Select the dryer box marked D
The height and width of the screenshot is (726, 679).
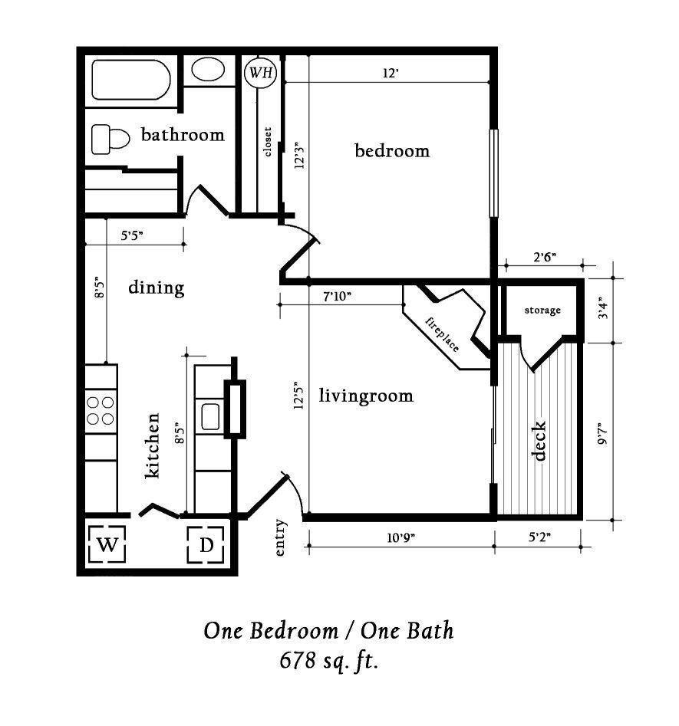point(206,546)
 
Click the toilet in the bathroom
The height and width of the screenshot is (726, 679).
point(110,140)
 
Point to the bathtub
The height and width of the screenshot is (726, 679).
point(130,80)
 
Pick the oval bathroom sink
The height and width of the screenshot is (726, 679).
point(207,70)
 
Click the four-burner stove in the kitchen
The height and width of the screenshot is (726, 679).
point(101,409)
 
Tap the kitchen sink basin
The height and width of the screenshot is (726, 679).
point(211,417)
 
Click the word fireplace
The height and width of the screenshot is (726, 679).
point(443,331)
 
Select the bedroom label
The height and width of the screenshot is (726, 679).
point(392,151)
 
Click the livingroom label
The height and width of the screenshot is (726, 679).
point(365,396)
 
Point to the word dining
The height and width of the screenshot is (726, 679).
point(156,288)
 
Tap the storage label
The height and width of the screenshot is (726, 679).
point(542,310)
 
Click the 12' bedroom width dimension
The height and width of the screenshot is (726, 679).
point(391,74)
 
